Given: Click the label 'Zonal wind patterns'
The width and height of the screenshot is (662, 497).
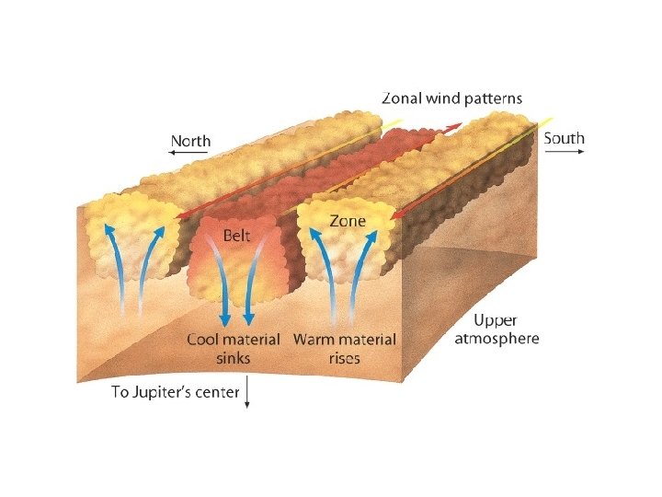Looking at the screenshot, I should [452, 98].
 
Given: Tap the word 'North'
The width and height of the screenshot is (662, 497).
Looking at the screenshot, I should [190, 142].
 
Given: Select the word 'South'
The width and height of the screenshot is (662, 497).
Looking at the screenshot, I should [564, 139].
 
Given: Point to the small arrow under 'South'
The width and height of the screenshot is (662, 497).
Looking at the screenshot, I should [566, 153].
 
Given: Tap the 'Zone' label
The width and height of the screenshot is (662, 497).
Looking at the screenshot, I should [348, 221].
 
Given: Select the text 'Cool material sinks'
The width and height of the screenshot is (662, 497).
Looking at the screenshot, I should [234, 348].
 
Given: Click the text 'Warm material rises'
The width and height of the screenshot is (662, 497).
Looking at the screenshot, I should [345, 348].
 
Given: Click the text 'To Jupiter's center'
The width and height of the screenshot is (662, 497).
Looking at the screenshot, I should [176, 392].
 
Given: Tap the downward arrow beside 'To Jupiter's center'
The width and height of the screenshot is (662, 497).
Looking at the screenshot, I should [248, 395].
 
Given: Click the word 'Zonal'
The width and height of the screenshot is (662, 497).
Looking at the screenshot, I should [402, 98].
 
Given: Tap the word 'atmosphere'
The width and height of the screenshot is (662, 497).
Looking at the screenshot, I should [497, 338].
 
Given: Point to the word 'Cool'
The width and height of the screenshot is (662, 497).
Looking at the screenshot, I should [204, 340].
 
